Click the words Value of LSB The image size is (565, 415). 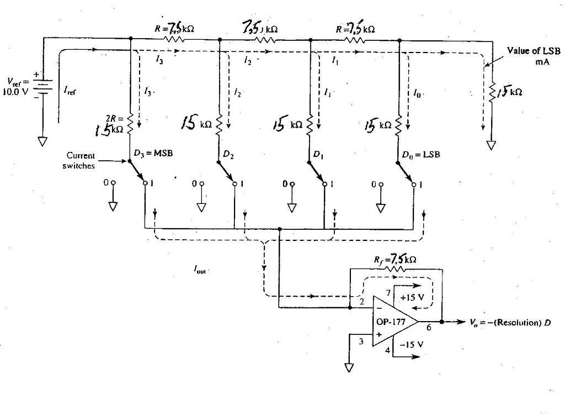click(x=534, y=51)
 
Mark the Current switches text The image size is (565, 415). click(x=80, y=161)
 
